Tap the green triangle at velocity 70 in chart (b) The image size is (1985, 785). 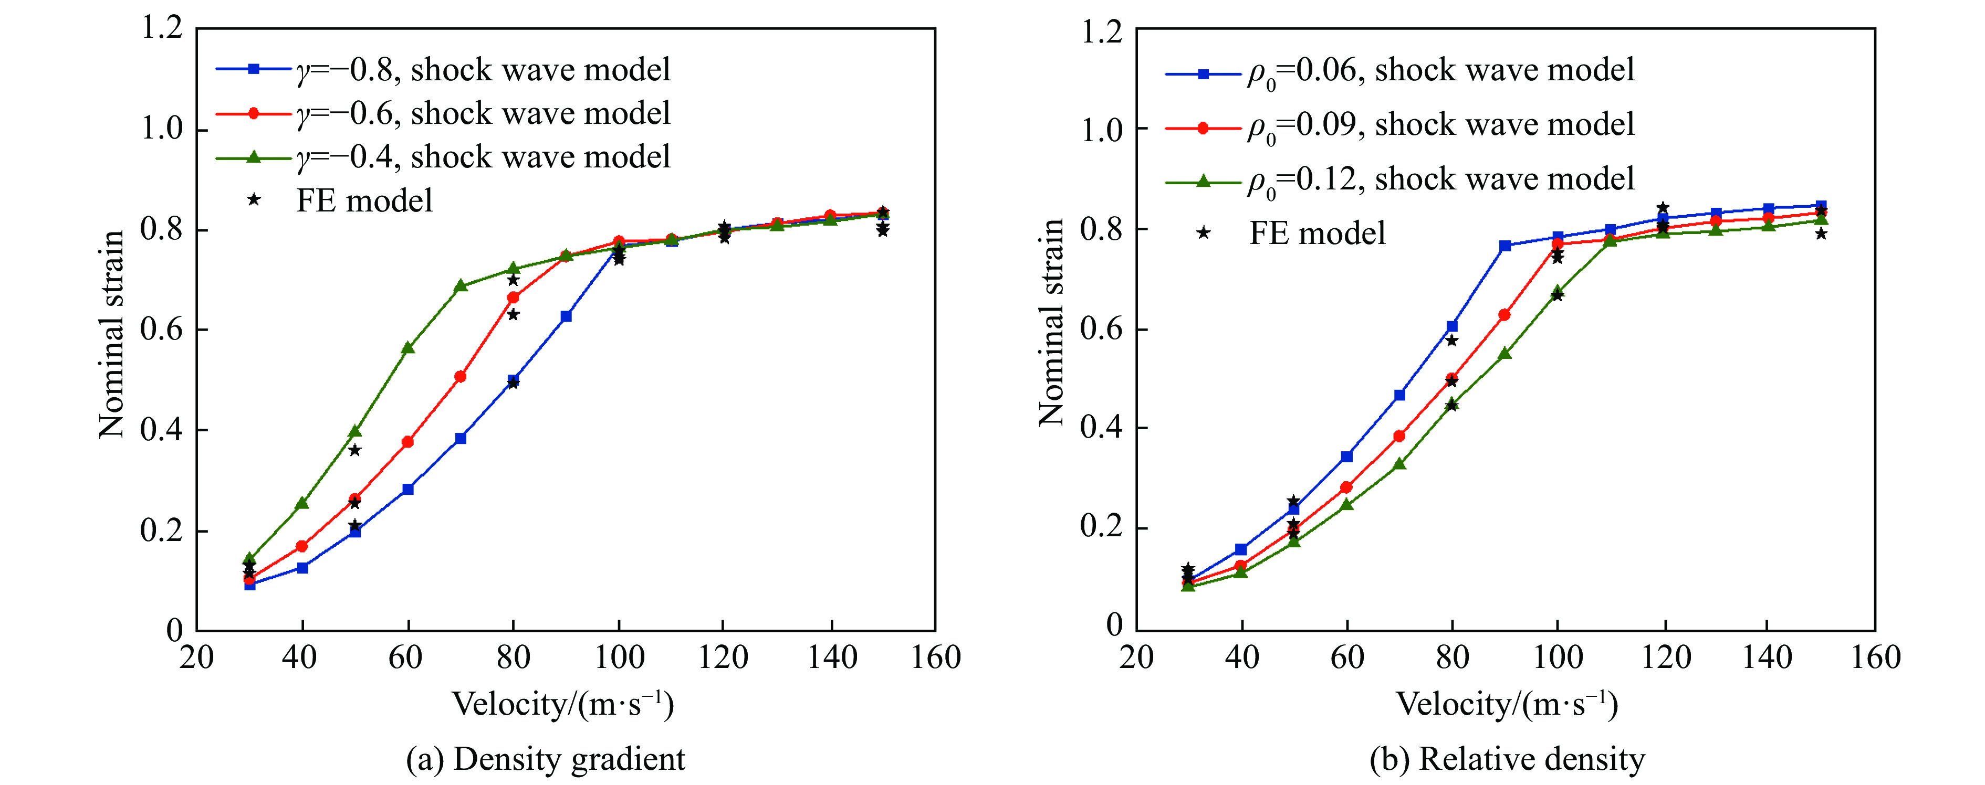point(1399,464)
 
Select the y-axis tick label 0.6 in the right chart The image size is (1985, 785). point(1101,329)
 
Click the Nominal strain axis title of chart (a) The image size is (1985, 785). point(112,334)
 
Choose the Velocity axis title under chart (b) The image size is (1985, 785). point(1507,704)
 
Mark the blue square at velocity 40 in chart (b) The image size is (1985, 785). point(1240,549)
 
